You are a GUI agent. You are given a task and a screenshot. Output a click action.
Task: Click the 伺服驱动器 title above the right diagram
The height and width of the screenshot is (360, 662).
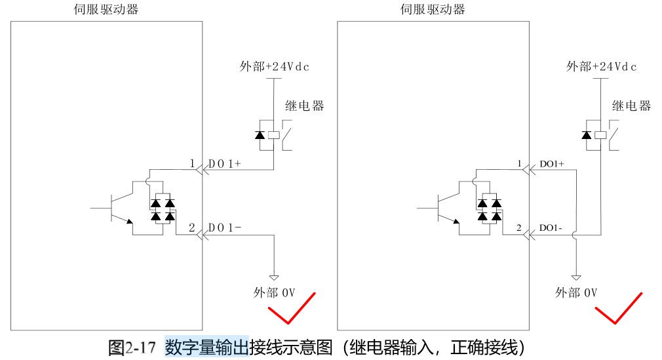433,9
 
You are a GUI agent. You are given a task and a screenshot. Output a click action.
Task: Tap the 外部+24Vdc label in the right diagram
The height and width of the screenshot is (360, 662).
602,66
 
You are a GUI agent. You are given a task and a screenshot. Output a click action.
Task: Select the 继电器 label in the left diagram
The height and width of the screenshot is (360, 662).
305,106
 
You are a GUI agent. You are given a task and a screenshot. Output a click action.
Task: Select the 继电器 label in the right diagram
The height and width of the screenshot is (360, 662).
632,106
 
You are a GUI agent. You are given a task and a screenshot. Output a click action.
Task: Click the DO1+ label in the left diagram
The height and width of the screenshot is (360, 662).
225,163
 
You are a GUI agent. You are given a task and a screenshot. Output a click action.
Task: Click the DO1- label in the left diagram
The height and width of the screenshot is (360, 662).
225,228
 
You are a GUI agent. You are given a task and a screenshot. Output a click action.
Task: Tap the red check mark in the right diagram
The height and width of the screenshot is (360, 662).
617,308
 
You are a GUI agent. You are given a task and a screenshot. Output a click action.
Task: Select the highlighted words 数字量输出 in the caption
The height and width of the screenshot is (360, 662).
206,346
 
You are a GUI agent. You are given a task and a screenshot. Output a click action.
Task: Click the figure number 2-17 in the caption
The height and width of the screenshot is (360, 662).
140,347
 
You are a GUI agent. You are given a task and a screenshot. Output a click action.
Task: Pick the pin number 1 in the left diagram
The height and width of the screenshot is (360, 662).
193,163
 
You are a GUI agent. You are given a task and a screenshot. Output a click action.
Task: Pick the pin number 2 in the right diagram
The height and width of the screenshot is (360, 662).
518,228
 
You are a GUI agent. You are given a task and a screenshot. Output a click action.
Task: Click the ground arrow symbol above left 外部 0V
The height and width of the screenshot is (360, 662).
275,277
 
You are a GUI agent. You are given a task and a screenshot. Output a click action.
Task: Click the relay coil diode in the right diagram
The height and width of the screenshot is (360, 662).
586,135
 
